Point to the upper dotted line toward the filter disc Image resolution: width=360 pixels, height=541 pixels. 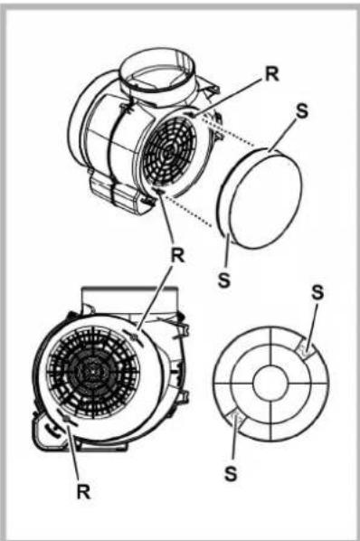(x=226, y=141)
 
